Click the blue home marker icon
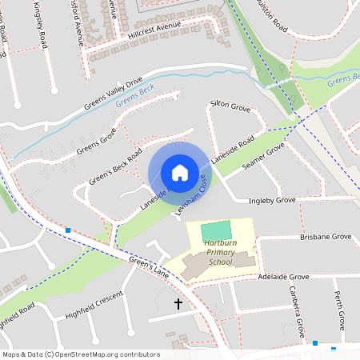coord(179,172)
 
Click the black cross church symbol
coord(178,304)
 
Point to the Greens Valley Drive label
coord(113,94)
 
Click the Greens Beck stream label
coord(133,96)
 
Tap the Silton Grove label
coord(230,105)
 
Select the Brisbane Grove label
coord(326,238)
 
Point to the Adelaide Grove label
coord(283,276)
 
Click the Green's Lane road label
coord(150,268)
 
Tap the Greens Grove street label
coord(96,141)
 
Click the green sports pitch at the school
coord(214,230)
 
